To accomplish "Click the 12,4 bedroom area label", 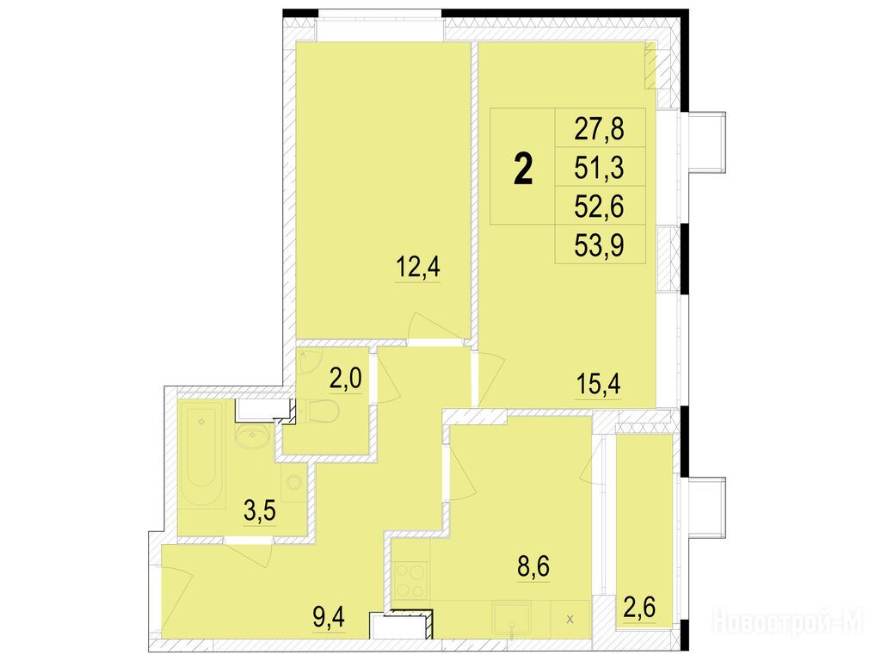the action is point(418,267).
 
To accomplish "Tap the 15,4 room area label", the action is point(598,384).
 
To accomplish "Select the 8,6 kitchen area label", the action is point(534,566).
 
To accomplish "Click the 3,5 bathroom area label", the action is point(260,510).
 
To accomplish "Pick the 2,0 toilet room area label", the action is point(346,379).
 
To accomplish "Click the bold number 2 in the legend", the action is point(523,169).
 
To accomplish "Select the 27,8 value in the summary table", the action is point(600,128).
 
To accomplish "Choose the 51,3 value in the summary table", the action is point(600,168).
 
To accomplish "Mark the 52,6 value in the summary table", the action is point(600,207).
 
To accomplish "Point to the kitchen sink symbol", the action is point(510,618).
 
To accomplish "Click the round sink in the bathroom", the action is point(254,434).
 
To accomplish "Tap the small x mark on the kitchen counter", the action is point(570,619).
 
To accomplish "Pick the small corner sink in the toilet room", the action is point(307,360).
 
